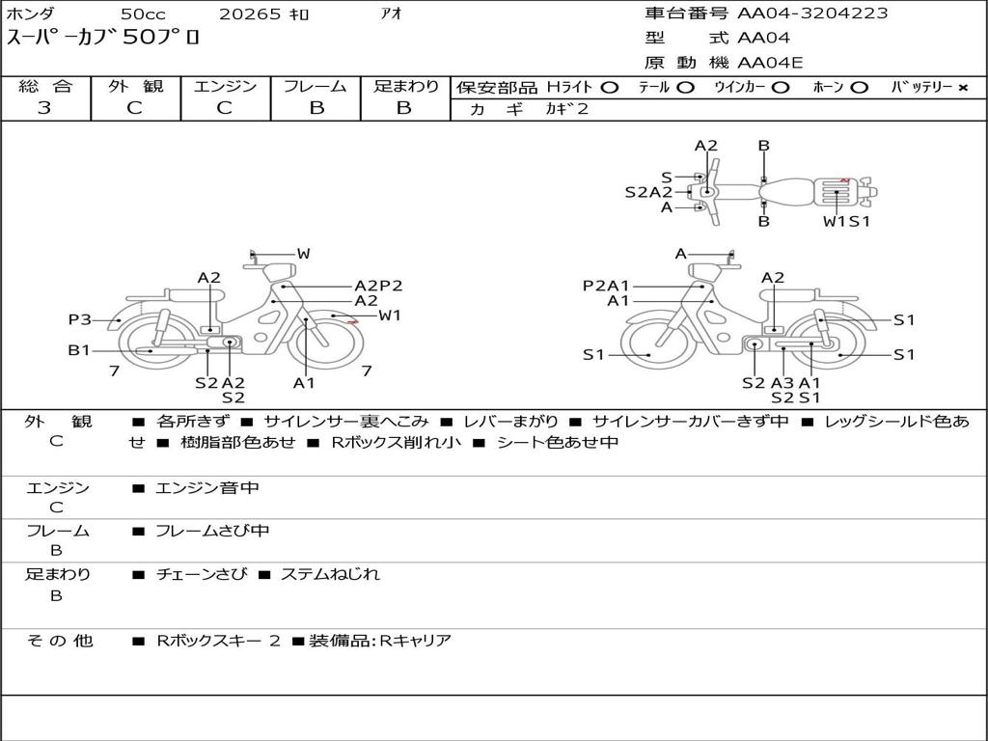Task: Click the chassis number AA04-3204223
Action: pyautogui.click(x=812, y=14)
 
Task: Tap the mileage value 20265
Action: pyautogui.click(x=249, y=14)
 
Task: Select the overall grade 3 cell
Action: pyautogui.click(x=44, y=108)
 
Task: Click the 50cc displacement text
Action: pyautogui.click(x=142, y=14)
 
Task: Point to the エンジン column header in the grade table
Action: pyautogui.click(x=225, y=87)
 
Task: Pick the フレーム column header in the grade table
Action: pyautogui.click(x=316, y=87)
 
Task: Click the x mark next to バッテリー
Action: pyautogui.click(x=962, y=88)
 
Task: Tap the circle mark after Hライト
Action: pyautogui.click(x=609, y=88)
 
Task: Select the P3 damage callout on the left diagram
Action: pyautogui.click(x=79, y=319)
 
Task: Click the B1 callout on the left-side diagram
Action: pyautogui.click(x=78, y=350)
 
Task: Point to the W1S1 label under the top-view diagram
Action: pyautogui.click(x=846, y=221)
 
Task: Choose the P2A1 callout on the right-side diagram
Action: pyautogui.click(x=605, y=286)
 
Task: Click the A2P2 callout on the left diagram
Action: pyautogui.click(x=377, y=286)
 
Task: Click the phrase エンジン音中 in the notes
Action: pyautogui.click(x=206, y=488)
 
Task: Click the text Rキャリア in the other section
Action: pyautogui.click(x=415, y=640)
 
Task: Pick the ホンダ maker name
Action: pyautogui.click(x=31, y=14)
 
